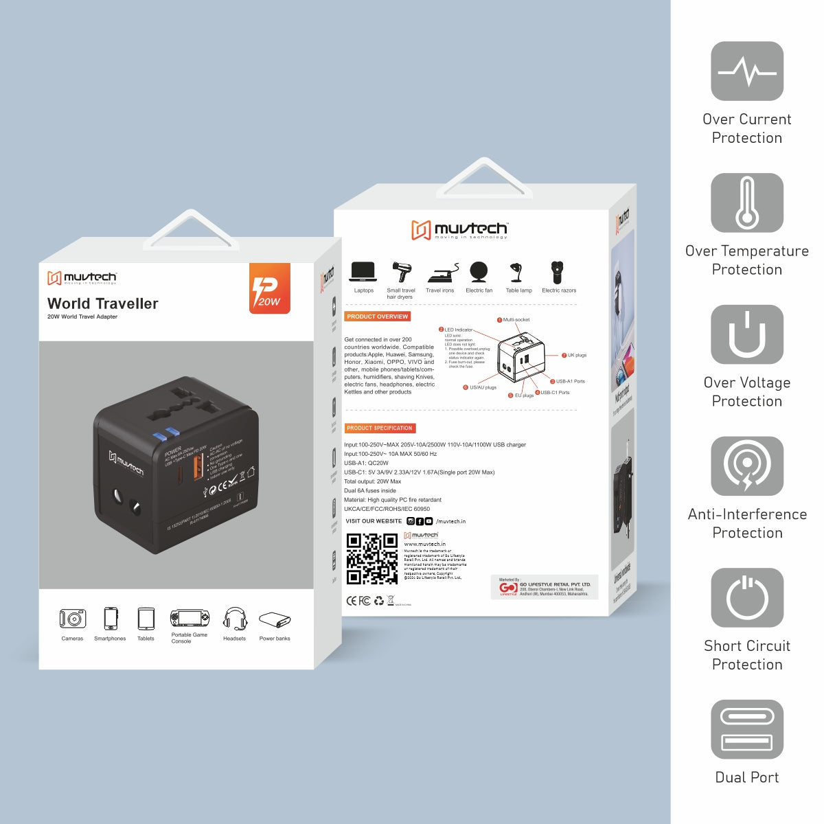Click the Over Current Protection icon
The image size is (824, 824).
coord(747,71)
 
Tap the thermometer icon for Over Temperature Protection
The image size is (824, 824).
coord(747,203)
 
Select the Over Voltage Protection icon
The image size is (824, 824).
coord(747,334)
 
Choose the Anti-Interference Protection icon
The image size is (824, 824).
coord(747,466)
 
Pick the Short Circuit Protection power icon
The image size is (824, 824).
coord(747,597)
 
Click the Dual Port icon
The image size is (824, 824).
coord(747,729)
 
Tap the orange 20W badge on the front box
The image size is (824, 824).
coord(269,289)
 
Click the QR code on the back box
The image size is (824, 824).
coord(371,559)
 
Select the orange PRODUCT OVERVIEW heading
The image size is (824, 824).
coord(377,317)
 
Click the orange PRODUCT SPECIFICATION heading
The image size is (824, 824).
coord(380,428)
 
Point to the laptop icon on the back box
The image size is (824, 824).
coord(363,272)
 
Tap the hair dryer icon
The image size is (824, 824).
coord(400,272)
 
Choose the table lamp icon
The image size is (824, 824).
coord(518,273)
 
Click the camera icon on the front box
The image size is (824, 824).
coord(72,619)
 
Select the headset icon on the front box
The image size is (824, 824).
coord(235,619)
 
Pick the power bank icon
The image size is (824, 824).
coord(275,620)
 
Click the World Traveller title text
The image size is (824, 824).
coord(103,304)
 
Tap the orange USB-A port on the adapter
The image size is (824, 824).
coord(199,467)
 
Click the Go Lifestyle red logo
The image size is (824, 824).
coord(508,589)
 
